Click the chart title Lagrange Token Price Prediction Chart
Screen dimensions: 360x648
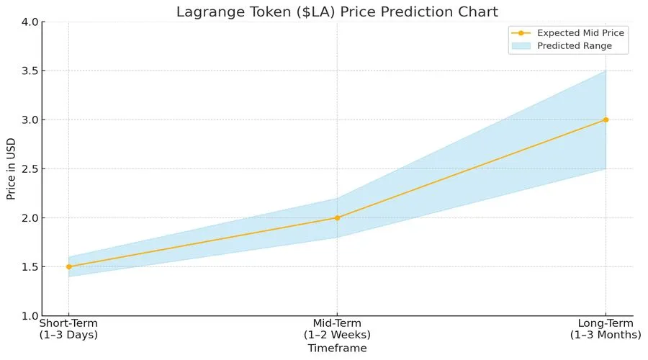coord(337,11)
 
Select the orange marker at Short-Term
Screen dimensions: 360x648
coord(68,266)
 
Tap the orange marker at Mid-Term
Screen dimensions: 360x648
coord(337,217)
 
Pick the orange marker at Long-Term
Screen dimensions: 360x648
coord(606,120)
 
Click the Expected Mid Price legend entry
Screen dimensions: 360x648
coord(580,33)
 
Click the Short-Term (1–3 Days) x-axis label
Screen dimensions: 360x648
coord(68,329)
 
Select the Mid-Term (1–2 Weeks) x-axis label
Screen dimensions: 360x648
coord(337,329)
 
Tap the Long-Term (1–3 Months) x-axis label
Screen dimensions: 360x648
coord(606,329)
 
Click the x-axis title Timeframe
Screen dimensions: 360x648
coord(337,348)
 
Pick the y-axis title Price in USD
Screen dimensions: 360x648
coord(11,169)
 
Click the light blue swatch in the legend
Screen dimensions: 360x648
coord(521,46)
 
